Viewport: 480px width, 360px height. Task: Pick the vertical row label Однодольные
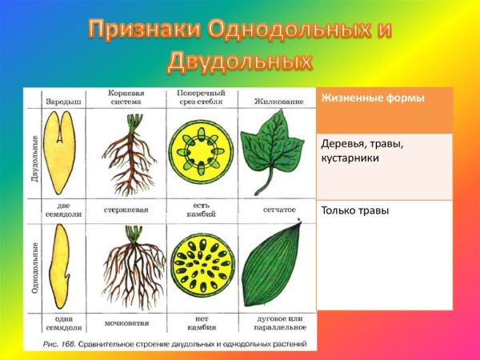click(x=34, y=268)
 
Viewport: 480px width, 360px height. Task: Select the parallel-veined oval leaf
click(x=274, y=264)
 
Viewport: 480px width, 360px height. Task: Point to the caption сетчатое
click(x=279, y=210)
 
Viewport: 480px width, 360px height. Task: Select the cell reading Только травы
click(x=354, y=211)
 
